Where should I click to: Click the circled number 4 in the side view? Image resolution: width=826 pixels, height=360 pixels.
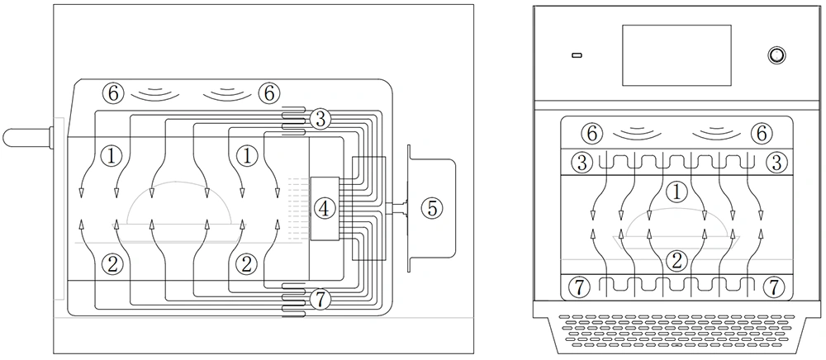click(325, 209)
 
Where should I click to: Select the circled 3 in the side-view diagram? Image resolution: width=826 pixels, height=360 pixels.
click(320, 119)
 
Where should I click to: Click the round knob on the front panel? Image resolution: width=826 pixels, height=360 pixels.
click(776, 55)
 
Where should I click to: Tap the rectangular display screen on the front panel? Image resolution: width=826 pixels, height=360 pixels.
click(676, 54)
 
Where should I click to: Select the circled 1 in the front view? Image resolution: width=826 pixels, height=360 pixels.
click(676, 192)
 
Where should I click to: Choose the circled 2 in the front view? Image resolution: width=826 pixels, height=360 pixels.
click(676, 261)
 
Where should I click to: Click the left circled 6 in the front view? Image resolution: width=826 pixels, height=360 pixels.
click(591, 133)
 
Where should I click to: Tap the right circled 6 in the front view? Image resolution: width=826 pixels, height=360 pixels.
click(761, 133)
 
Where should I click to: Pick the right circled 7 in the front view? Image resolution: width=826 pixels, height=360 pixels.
click(772, 287)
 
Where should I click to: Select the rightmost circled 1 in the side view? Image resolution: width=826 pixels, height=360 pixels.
click(245, 154)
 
